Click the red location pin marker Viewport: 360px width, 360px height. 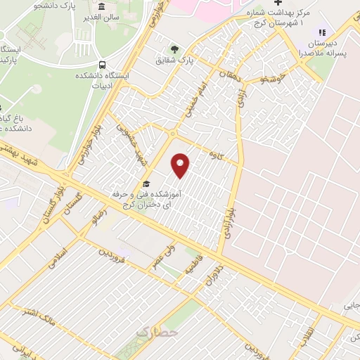pos(181,165)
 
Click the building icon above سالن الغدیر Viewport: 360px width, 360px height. pos(103,7)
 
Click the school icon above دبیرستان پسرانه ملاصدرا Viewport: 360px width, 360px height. pos(322,32)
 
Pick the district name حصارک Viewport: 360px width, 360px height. pos(153,330)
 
